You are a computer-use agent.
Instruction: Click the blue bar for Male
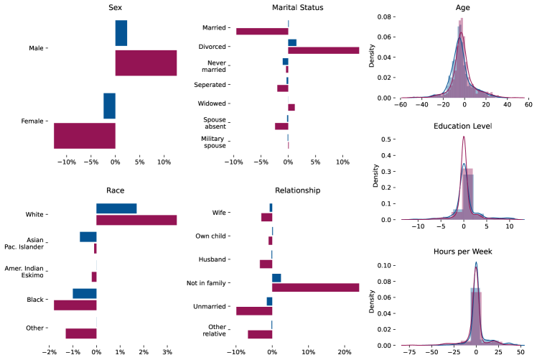pyautogui.click(x=121, y=33)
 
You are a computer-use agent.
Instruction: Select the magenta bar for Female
pyautogui.click(x=85, y=136)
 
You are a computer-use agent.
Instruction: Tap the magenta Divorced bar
pyautogui.click(x=323, y=50)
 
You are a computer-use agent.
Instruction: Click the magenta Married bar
pyautogui.click(x=262, y=31)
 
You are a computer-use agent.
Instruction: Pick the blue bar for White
pyautogui.click(x=116, y=208)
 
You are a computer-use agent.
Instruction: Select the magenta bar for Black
pyautogui.click(x=75, y=305)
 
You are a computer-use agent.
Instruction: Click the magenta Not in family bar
pyautogui.click(x=315, y=287)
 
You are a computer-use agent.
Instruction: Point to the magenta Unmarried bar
pyautogui.click(x=254, y=310)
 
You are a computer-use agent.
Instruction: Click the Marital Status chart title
pyautogui.click(x=287, y=8)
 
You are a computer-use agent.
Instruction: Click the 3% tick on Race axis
pyautogui.click(x=167, y=353)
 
